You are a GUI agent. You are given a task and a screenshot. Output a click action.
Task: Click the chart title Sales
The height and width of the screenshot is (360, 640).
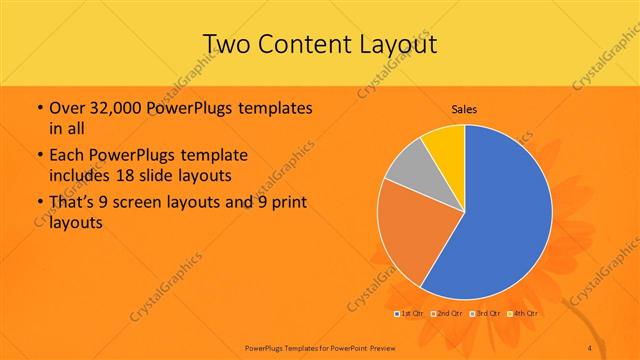[464, 109]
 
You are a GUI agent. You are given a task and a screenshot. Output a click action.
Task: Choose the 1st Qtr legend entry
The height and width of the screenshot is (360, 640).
[413, 314]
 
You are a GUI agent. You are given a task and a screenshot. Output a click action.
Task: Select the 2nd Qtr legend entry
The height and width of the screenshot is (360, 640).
[449, 314]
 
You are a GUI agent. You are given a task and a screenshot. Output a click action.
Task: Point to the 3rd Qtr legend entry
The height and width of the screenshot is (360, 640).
[486, 314]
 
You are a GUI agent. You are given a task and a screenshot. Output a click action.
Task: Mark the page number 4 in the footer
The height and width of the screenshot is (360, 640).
[590, 347]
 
